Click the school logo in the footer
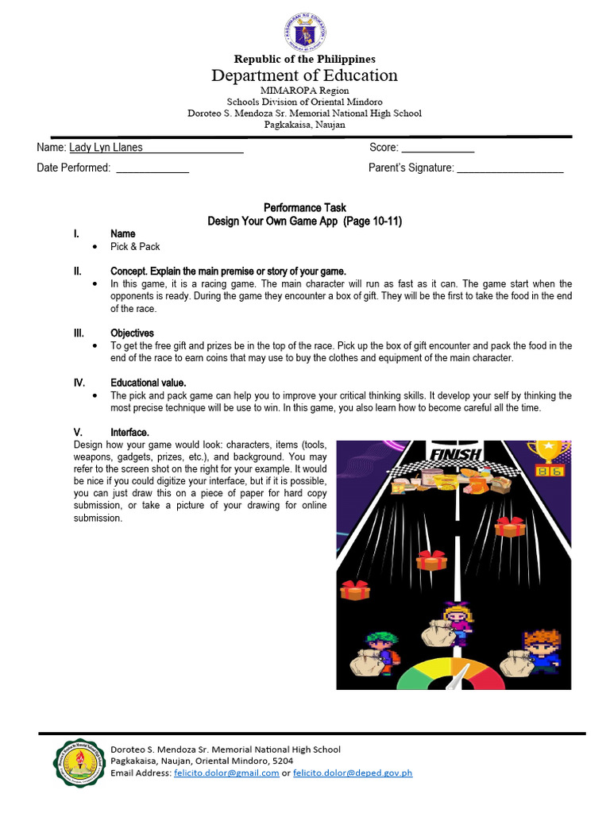(x=79, y=762)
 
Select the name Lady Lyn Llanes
(x=106, y=148)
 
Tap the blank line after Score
(x=438, y=148)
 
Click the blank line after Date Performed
(x=152, y=168)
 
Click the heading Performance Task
(x=304, y=208)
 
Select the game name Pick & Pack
(x=135, y=247)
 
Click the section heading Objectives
(x=132, y=333)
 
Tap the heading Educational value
(x=148, y=383)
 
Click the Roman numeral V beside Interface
(x=79, y=432)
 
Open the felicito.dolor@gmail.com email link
(x=226, y=773)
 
